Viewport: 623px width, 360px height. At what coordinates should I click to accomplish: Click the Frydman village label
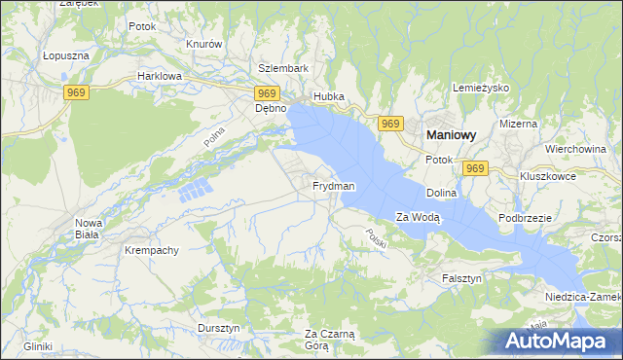[x=334, y=186]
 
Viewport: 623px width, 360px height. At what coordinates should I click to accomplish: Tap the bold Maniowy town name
[x=448, y=137]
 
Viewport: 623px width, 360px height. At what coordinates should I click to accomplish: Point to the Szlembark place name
[x=282, y=69]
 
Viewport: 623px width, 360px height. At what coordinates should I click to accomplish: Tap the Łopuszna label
[x=66, y=56]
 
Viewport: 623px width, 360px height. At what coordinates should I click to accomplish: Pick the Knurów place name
[x=204, y=45]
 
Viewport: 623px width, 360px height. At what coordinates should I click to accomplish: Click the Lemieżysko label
[x=482, y=89]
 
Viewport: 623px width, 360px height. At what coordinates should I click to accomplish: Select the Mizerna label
[x=518, y=125]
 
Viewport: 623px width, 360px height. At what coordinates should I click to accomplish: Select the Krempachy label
[x=151, y=250]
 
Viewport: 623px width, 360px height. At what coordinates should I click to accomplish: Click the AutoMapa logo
[x=557, y=340]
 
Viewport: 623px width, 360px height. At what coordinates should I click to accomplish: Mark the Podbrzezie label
[x=526, y=219]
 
